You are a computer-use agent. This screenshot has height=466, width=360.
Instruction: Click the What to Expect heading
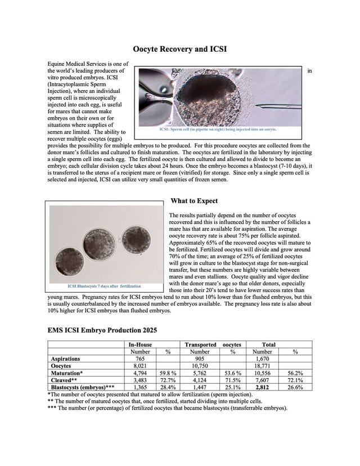pos(194,201)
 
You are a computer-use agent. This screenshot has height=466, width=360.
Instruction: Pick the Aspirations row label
pos(65,359)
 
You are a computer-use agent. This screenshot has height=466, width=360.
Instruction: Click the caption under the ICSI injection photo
pos(219,129)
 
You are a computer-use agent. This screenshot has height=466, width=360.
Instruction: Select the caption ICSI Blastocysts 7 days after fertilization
pos(105,286)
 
